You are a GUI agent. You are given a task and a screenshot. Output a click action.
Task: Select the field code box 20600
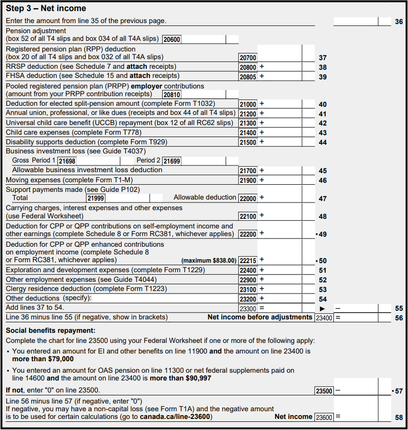172,39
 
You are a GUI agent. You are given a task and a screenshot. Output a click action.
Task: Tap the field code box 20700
248,58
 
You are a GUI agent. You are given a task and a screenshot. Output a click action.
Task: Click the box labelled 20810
172,95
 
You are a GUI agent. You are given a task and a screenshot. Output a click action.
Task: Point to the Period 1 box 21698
67,161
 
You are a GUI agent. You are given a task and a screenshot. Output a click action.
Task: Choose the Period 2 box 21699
172,161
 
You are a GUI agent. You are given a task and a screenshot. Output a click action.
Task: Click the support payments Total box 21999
96,198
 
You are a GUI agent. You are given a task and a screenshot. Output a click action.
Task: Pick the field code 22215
248,261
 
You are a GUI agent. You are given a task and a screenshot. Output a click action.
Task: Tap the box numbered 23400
324,318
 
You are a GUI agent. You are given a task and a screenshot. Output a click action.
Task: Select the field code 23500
324,391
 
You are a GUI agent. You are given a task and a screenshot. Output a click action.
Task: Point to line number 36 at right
399,22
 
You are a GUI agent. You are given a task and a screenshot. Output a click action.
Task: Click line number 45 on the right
322,171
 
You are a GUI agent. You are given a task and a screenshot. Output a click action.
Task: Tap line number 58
399,417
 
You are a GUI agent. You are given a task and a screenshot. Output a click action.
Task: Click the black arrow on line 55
322,308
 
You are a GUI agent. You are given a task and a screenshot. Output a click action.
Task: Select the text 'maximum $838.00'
209,261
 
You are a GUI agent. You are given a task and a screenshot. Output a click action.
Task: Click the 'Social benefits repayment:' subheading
51,330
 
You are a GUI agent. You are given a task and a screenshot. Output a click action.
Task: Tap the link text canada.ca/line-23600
176,416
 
